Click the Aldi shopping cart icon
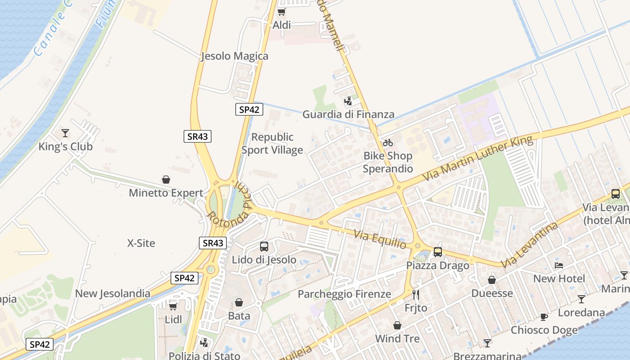(x=281, y=12)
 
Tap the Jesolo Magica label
(x=234, y=56)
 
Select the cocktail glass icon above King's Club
(x=65, y=133)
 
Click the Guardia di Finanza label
(x=348, y=114)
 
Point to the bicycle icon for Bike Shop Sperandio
(x=388, y=143)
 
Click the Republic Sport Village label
(x=272, y=144)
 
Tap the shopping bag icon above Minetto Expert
(x=166, y=180)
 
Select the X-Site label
(x=141, y=243)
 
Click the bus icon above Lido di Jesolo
(x=264, y=247)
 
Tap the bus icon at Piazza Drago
(x=438, y=252)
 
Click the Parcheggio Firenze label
(x=345, y=294)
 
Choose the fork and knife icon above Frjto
(x=416, y=295)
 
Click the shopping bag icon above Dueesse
(x=492, y=280)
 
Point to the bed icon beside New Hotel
(x=559, y=265)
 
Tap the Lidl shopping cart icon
(x=173, y=306)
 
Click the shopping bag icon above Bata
(x=239, y=302)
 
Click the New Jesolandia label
(x=113, y=294)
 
